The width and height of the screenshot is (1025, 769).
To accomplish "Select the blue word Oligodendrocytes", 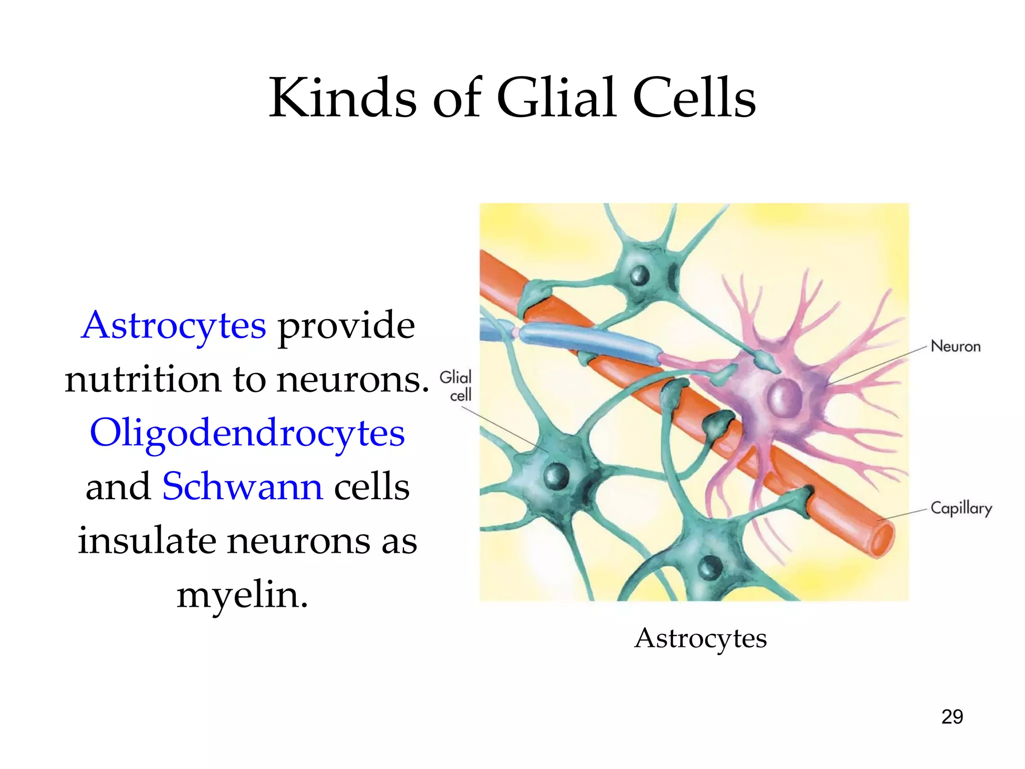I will tap(247, 433).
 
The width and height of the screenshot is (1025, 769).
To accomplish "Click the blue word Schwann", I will tap(243, 487).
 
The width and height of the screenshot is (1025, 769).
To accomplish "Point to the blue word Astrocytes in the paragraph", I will tap(174, 325).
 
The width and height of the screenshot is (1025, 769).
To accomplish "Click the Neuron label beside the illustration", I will tap(955, 346).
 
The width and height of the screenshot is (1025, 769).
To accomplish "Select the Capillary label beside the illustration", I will tap(961, 509).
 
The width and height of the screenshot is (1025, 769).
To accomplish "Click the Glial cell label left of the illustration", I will tap(456, 386).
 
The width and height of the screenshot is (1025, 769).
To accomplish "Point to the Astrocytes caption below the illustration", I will tap(700, 638).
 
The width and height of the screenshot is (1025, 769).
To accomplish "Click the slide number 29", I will tap(952, 717).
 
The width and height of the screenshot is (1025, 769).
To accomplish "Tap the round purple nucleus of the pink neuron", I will tap(784, 397).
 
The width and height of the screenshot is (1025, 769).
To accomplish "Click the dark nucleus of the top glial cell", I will tap(640, 274).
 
